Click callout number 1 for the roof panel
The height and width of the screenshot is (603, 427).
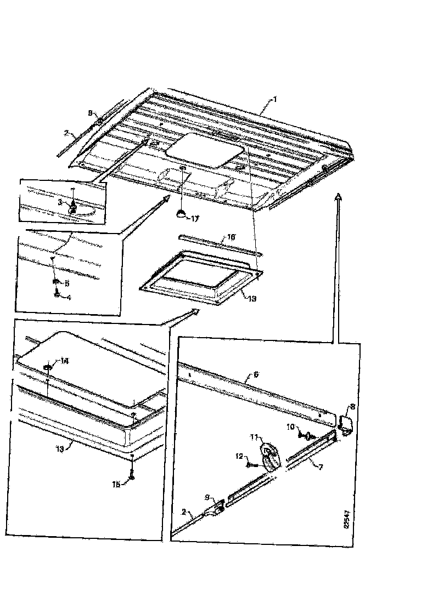pos(276,99)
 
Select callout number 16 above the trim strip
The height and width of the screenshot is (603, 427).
pos(231,236)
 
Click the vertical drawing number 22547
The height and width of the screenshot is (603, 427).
pos(346,525)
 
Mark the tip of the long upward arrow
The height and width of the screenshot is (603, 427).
pos(339,195)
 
